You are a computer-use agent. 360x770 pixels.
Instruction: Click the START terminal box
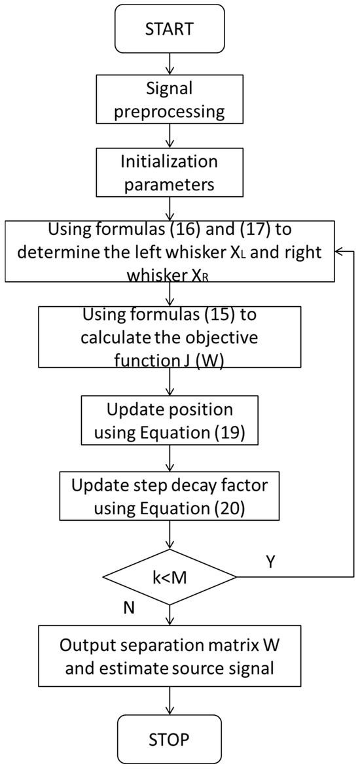(x=170, y=30)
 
